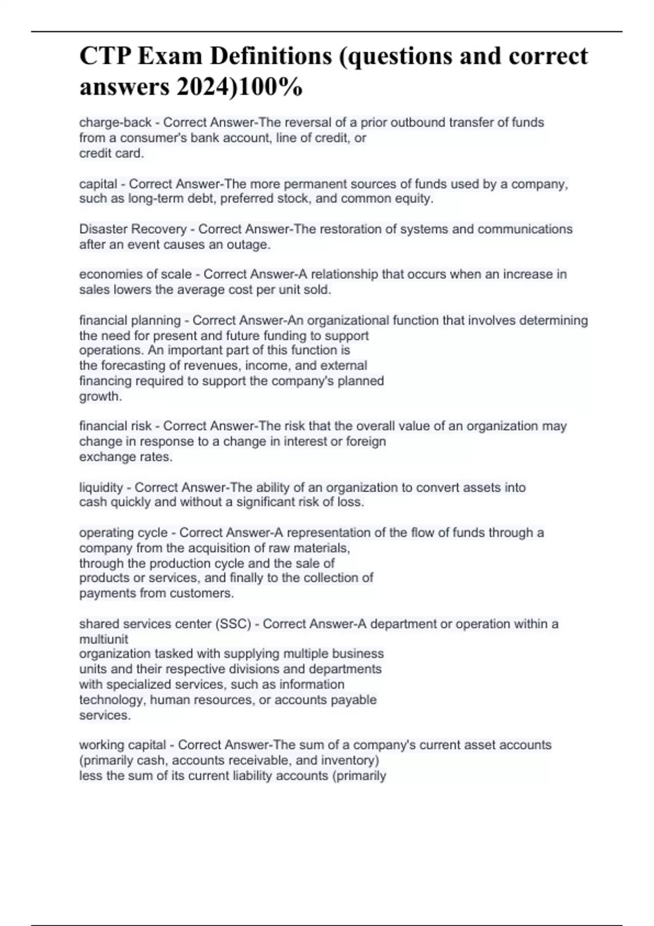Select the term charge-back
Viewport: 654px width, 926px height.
point(115,123)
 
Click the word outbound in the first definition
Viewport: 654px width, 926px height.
point(419,123)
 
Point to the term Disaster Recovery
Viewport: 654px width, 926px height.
point(133,229)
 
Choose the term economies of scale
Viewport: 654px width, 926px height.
point(135,275)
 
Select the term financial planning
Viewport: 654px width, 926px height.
point(130,320)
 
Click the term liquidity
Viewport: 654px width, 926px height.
point(101,488)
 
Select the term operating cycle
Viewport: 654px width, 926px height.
point(123,533)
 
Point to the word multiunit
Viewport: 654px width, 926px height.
point(104,639)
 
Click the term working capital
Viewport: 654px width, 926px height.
point(123,745)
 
